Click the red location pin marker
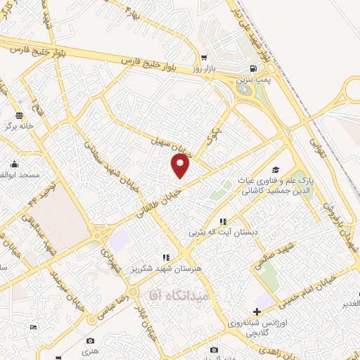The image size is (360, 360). pos(181,166)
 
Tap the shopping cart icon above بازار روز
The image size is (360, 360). pos(204,59)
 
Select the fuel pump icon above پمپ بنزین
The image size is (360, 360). pos(253,69)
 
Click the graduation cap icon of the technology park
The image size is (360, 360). pos(276,169)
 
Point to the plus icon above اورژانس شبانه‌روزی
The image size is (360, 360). pos(257,311)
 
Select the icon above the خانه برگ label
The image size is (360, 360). pos(19,115)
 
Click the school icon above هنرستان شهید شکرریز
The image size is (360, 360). pos(167,258)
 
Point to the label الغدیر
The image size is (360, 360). pos(349,303)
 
